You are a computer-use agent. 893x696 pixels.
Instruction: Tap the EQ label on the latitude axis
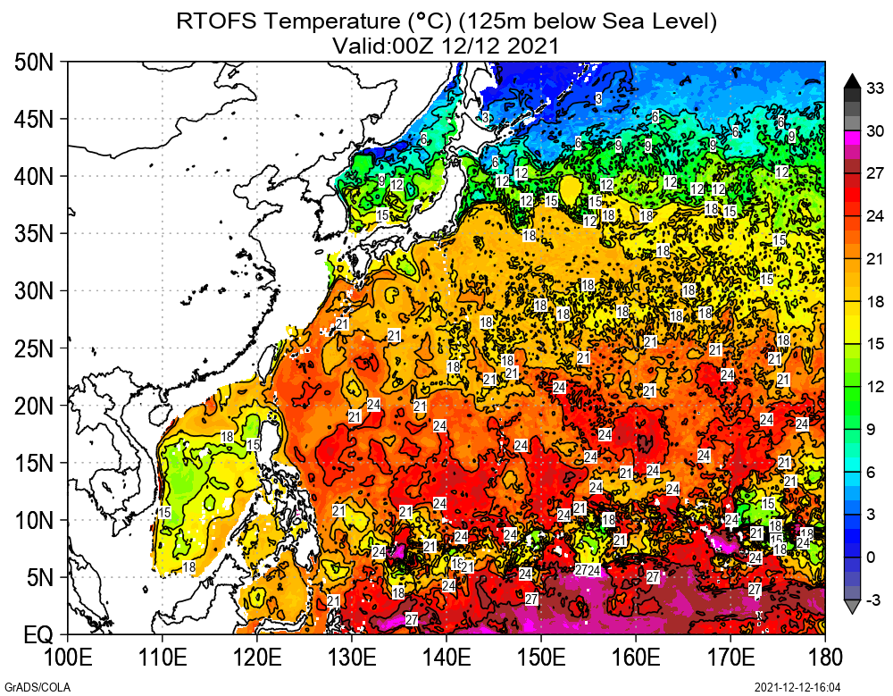coord(38,635)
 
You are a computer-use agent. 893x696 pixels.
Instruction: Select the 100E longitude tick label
coord(68,659)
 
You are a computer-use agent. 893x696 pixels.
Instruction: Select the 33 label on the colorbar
coord(875,88)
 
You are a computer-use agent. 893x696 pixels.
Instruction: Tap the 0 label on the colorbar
coord(875,558)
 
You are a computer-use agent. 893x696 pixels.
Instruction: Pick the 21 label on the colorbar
coord(875,258)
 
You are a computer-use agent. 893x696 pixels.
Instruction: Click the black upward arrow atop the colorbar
coord(851,80)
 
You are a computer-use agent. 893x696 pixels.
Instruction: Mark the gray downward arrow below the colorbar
coord(851,608)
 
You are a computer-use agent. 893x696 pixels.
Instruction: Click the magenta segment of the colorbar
coord(851,136)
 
